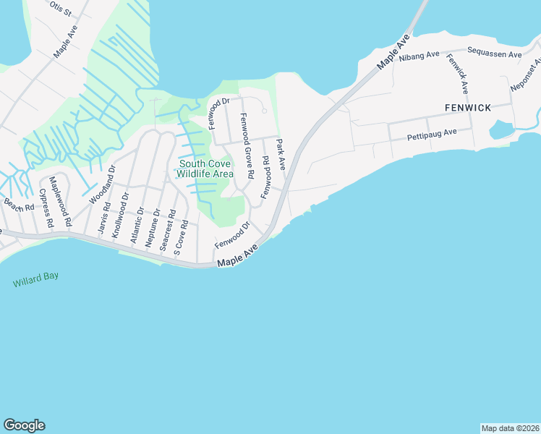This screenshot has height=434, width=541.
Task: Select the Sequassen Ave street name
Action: click(x=495, y=54)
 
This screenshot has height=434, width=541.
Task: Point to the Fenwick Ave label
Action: click(x=458, y=75)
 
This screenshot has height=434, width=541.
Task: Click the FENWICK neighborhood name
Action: click(x=467, y=108)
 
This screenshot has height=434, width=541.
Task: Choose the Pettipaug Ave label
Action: click(x=432, y=133)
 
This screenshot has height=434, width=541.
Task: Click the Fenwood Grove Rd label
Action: click(x=247, y=146)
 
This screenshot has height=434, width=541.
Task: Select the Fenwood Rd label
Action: click(x=265, y=178)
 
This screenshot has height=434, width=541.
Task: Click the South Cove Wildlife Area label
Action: click(x=206, y=169)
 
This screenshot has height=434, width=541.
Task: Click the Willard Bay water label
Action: click(x=35, y=280)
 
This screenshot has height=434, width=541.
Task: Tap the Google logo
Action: click(x=24, y=425)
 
